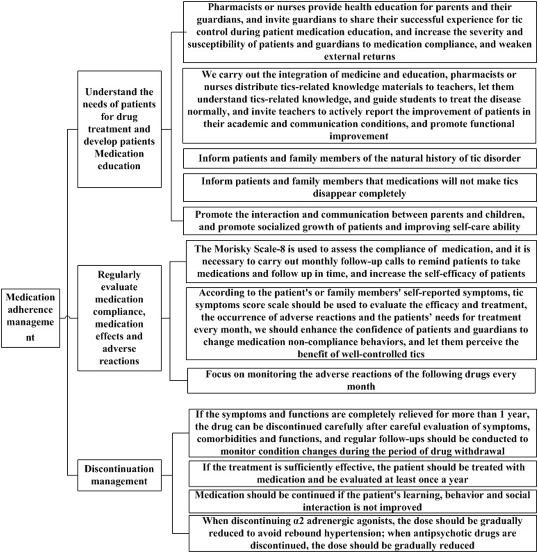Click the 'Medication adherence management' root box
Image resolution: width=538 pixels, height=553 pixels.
pos(30,318)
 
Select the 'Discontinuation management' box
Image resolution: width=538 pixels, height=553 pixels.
pos(119,475)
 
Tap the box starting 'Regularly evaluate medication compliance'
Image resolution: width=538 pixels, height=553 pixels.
pos(119,318)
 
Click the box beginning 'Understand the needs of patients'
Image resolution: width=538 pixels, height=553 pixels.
pos(119,129)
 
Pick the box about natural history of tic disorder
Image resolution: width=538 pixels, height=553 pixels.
pos(359,158)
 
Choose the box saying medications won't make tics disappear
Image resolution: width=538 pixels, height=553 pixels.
pos(359,187)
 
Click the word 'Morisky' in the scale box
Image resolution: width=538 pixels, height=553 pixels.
pos(232,249)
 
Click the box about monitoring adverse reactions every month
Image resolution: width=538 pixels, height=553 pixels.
pos(361,380)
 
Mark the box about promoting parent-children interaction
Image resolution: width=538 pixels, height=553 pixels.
pos(359,221)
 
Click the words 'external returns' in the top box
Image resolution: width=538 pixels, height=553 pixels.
pos(359,57)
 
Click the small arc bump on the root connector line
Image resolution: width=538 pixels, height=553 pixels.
pos(67,317)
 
